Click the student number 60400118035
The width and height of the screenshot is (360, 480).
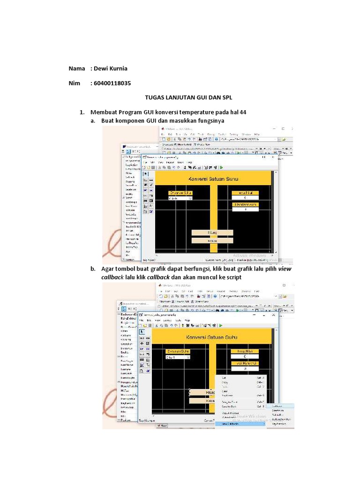112,83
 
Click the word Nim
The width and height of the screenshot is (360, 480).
75,83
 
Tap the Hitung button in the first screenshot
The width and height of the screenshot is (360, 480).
212,232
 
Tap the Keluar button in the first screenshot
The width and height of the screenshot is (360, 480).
212,240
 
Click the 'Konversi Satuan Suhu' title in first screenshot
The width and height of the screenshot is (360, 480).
212,179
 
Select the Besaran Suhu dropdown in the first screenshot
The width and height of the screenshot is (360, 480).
180,198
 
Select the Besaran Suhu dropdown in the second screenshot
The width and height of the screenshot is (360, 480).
178,357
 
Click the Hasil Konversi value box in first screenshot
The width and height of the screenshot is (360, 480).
245,209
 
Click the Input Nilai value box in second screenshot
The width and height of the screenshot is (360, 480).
245,357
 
